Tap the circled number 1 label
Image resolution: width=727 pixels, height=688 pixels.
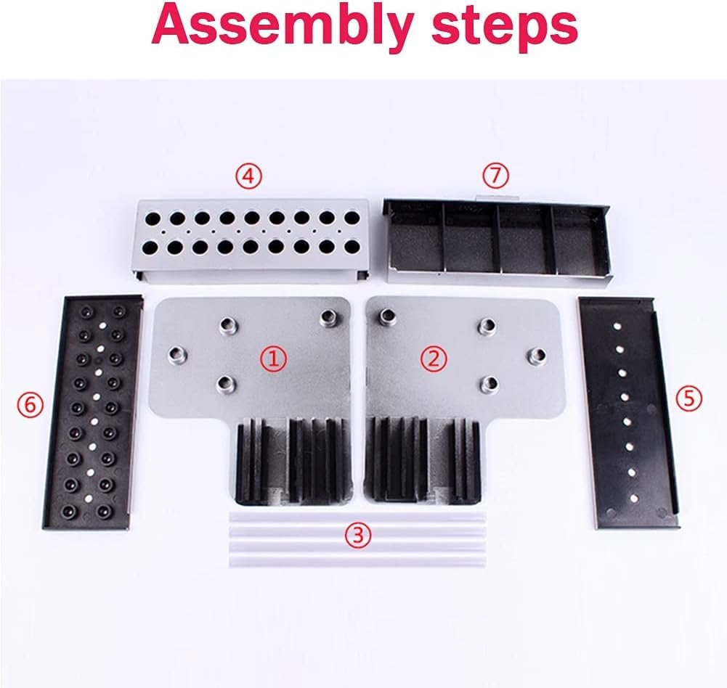[273, 358]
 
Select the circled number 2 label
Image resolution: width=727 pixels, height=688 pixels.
[434, 358]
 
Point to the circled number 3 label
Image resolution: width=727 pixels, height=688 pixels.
[357, 536]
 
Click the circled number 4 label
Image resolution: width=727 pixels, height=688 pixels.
[248, 176]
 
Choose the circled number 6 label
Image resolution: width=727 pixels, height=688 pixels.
[29, 405]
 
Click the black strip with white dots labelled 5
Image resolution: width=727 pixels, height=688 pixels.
[626, 410]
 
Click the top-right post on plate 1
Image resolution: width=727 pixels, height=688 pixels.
[330, 316]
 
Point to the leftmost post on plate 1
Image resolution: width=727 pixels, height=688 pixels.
[176, 354]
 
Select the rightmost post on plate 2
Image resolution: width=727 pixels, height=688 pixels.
[537, 354]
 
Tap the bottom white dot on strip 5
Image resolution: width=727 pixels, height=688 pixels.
[634, 499]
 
